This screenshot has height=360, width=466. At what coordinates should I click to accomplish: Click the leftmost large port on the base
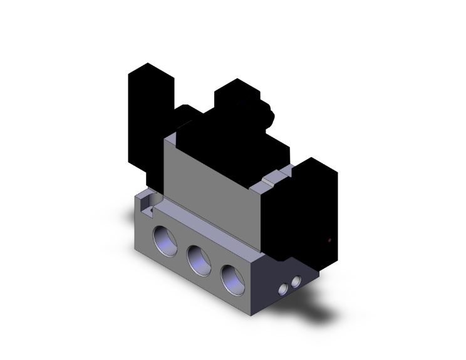tap(166, 239)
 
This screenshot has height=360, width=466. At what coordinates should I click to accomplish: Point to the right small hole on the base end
tap(296, 280)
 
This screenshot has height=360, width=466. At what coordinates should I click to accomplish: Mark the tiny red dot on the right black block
tap(329, 240)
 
